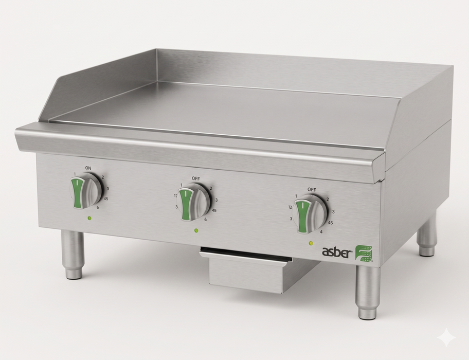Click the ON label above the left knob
88,168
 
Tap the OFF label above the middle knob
196,178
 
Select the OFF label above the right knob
312,190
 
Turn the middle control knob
194,203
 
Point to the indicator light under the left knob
89,218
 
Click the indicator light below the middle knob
196,230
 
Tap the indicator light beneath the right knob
311,243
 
